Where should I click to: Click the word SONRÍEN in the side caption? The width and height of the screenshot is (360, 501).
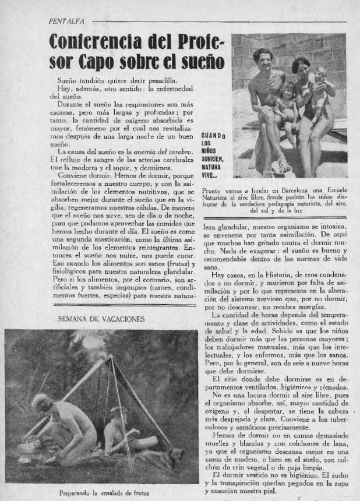tap(212, 158)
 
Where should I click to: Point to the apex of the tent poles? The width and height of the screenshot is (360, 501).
tap(111, 357)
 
